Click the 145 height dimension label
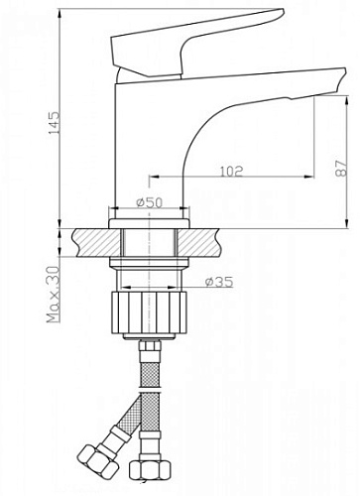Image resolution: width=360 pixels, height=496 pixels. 55,123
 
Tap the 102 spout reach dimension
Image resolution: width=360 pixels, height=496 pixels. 231,171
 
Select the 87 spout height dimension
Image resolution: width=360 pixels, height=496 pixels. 342,169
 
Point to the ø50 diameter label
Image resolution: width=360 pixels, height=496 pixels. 150,202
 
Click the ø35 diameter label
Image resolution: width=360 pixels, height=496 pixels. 219,282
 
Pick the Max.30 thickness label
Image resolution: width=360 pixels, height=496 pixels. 54,295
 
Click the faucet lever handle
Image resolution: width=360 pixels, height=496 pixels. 197,44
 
